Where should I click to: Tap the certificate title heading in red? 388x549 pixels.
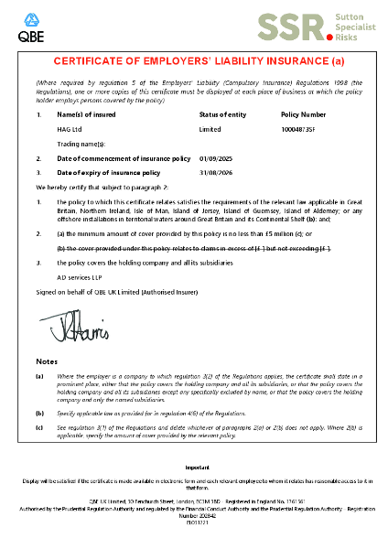coord(194,61)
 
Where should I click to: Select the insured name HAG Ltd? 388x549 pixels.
coord(70,129)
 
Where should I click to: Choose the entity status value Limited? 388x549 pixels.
coord(210,129)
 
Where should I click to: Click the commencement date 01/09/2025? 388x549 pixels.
coord(216,158)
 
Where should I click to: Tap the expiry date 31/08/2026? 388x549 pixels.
coord(216,172)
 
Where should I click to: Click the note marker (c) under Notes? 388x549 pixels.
coord(39,426)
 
